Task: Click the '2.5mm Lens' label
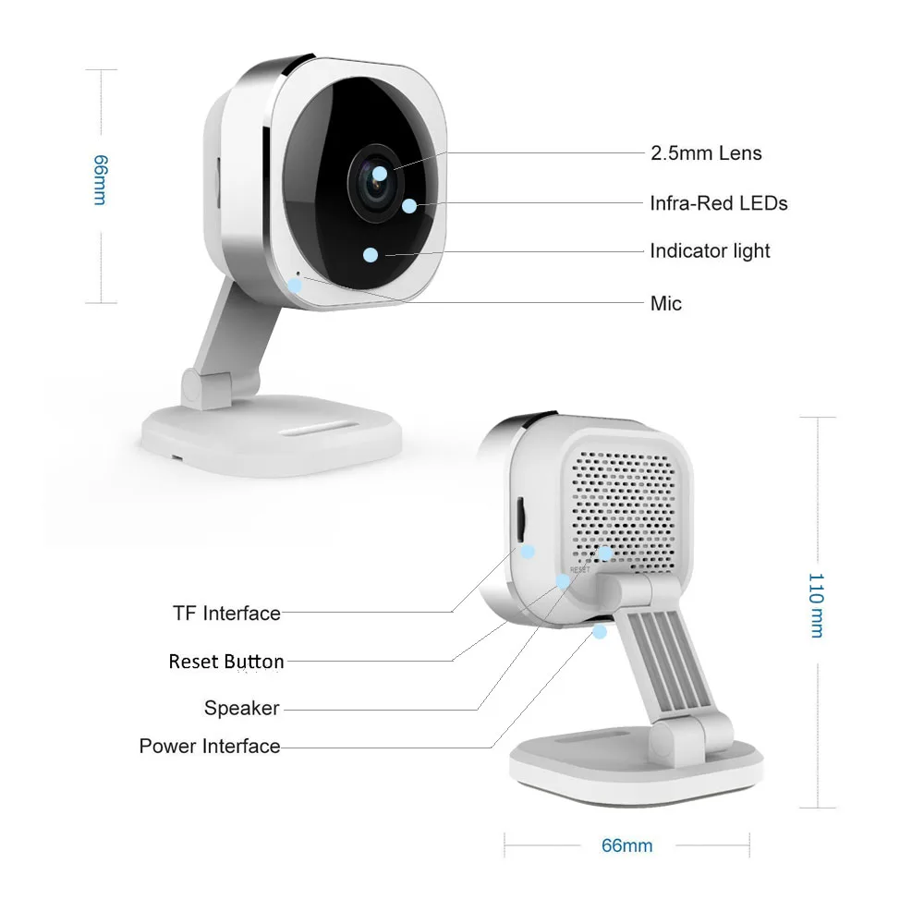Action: click(x=706, y=153)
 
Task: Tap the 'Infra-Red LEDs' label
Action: click(x=718, y=202)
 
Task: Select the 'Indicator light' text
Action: click(x=710, y=250)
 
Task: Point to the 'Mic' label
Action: click(x=665, y=302)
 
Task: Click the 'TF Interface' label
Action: click(x=226, y=613)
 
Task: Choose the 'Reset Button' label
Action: click(x=226, y=662)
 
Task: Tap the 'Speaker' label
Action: click(x=241, y=708)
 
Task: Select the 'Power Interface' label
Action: click(x=210, y=746)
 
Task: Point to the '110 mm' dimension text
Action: click(x=815, y=604)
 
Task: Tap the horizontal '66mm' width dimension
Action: click(x=626, y=845)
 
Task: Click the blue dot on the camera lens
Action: click(x=380, y=172)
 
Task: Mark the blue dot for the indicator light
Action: click(x=371, y=254)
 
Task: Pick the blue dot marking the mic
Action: click(x=295, y=284)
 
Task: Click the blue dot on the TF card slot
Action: click(x=528, y=551)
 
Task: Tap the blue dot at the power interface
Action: click(x=600, y=632)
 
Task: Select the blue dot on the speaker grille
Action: click(x=604, y=553)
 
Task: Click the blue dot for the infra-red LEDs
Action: click(x=408, y=205)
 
